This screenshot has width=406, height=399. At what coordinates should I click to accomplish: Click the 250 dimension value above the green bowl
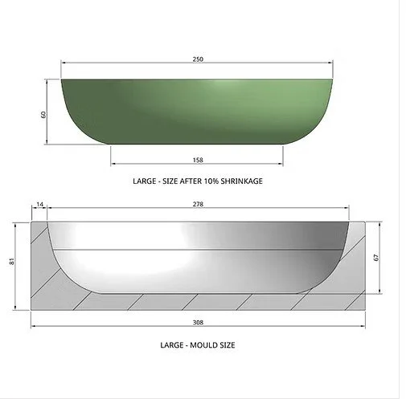(198, 59)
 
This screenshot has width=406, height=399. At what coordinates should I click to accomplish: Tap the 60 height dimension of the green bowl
(44, 113)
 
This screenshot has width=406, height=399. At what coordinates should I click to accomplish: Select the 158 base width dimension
(198, 158)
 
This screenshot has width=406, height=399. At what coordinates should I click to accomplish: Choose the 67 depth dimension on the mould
(377, 258)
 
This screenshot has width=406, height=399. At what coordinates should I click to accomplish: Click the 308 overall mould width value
(198, 323)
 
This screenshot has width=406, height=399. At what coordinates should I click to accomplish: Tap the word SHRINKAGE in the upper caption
(239, 181)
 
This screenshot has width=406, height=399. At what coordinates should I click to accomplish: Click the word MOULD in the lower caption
(197, 345)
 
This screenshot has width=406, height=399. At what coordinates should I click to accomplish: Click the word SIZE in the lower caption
(224, 345)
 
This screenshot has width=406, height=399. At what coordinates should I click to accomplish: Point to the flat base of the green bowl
(198, 142)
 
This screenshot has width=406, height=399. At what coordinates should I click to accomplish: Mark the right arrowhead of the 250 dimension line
(330, 63)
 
